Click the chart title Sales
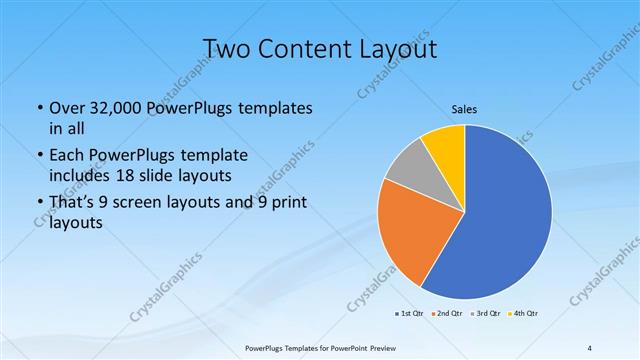click(463, 110)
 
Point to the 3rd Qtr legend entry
click(487, 313)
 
